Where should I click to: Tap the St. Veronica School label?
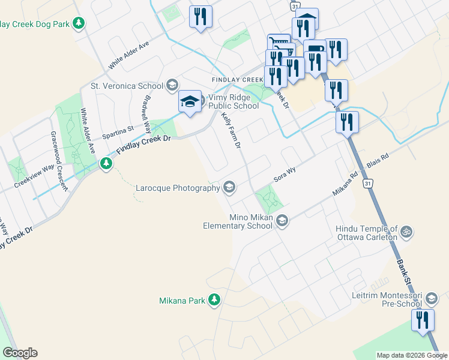coord(126,86)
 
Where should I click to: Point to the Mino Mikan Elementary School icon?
coord(282,221)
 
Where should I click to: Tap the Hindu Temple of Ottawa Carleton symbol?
coord(406,231)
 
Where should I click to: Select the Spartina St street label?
coord(117,132)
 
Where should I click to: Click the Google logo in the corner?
coord(20,353)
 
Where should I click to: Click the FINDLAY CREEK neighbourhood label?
coord(237,80)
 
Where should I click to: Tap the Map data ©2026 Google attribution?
coord(412,355)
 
